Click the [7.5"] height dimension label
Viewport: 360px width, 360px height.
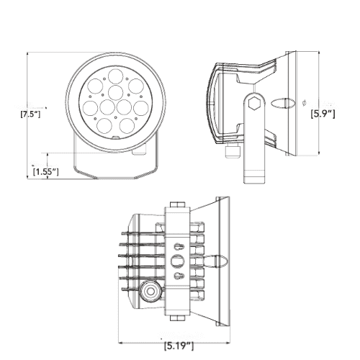click(x=31, y=114)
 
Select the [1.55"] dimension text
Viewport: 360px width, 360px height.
click(x=46, y=171)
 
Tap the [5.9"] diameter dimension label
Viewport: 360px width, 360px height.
click(x=323, y=113)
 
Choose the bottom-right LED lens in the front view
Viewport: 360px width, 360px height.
click(x=127, y=125)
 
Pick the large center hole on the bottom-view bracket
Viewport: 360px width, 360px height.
click(x=179, y=258)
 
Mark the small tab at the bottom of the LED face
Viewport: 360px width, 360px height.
click(x=115, y=135)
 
